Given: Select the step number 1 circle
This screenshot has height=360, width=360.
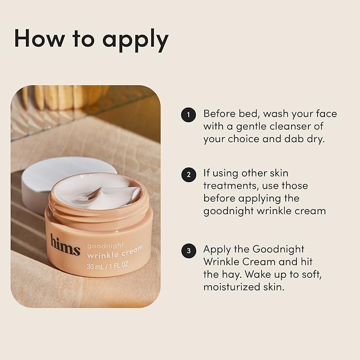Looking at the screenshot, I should [188, 115].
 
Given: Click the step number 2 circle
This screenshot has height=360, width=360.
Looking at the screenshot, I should [188, 174].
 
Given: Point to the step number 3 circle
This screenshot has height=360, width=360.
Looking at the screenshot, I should [188, 250].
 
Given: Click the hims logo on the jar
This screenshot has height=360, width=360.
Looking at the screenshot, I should [65, 244].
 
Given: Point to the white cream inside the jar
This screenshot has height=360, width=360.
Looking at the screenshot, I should [99, 191].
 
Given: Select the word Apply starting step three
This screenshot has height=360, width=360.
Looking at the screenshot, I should [217, 249].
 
